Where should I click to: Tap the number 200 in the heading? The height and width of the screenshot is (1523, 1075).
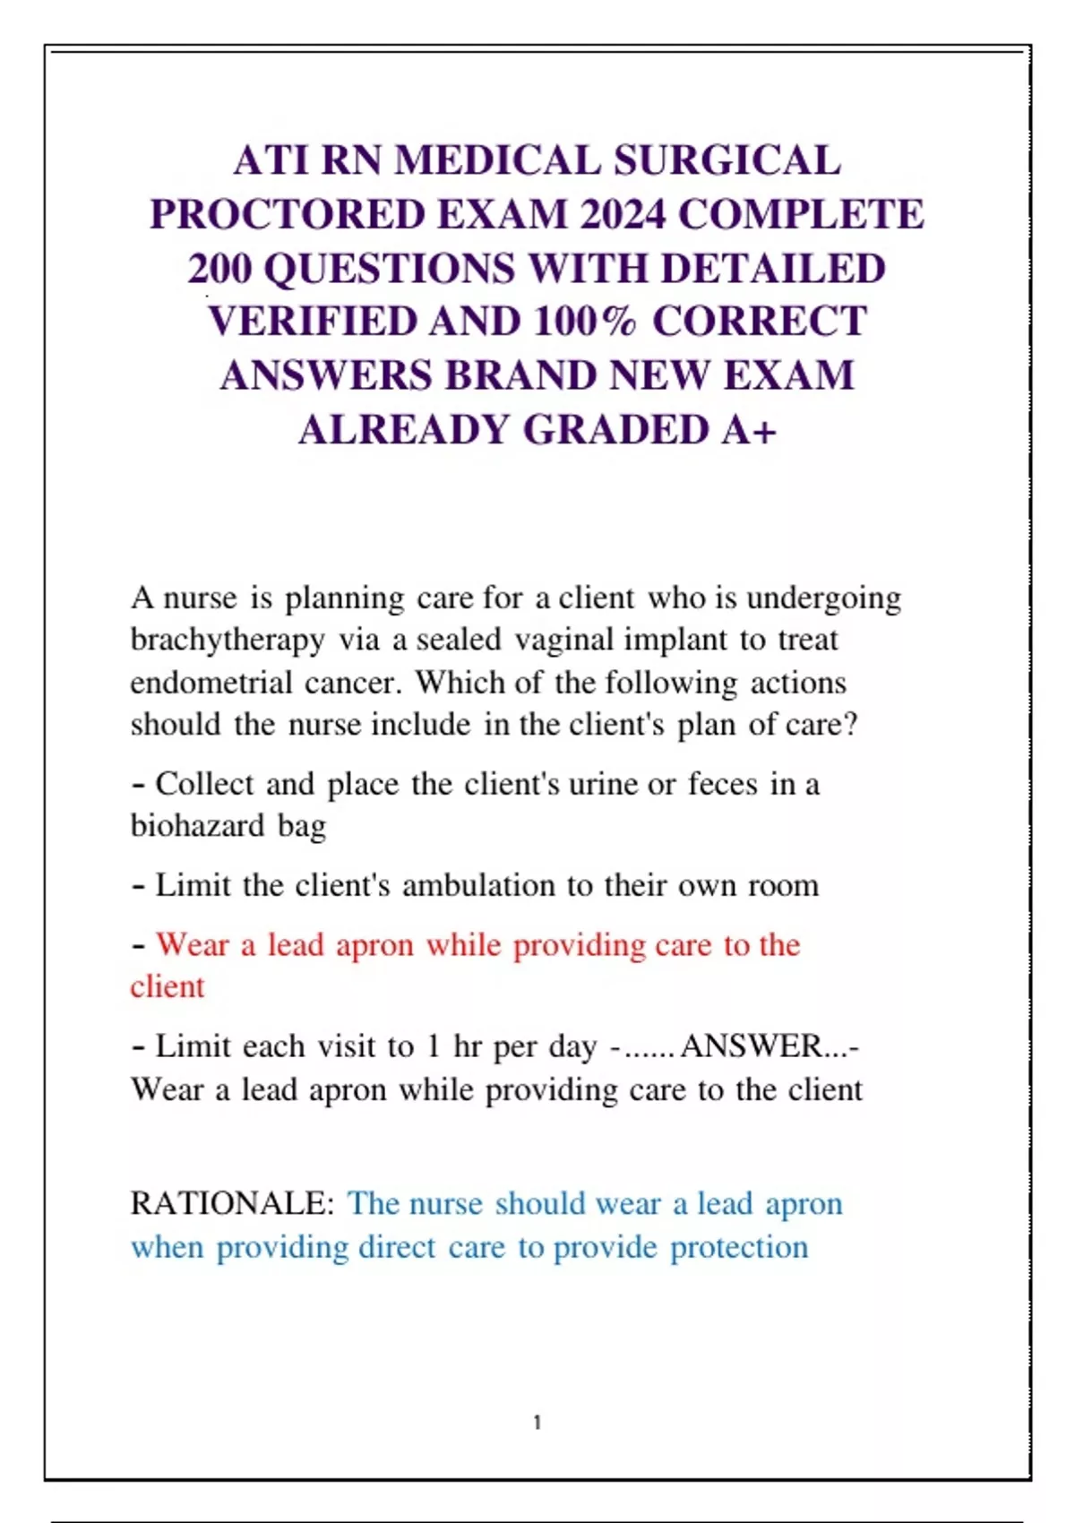tap(219, 269)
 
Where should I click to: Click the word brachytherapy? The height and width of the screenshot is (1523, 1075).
tap(228, 641)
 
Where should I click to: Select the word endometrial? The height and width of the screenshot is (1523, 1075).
tap(211, 683)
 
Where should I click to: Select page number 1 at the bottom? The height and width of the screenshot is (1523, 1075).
tap(537, 1422)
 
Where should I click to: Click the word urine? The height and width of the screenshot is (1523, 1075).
tap(604, 784)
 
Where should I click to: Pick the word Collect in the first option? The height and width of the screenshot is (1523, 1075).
tap(205, 784)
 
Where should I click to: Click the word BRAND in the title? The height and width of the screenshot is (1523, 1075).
tap(520, 376)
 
